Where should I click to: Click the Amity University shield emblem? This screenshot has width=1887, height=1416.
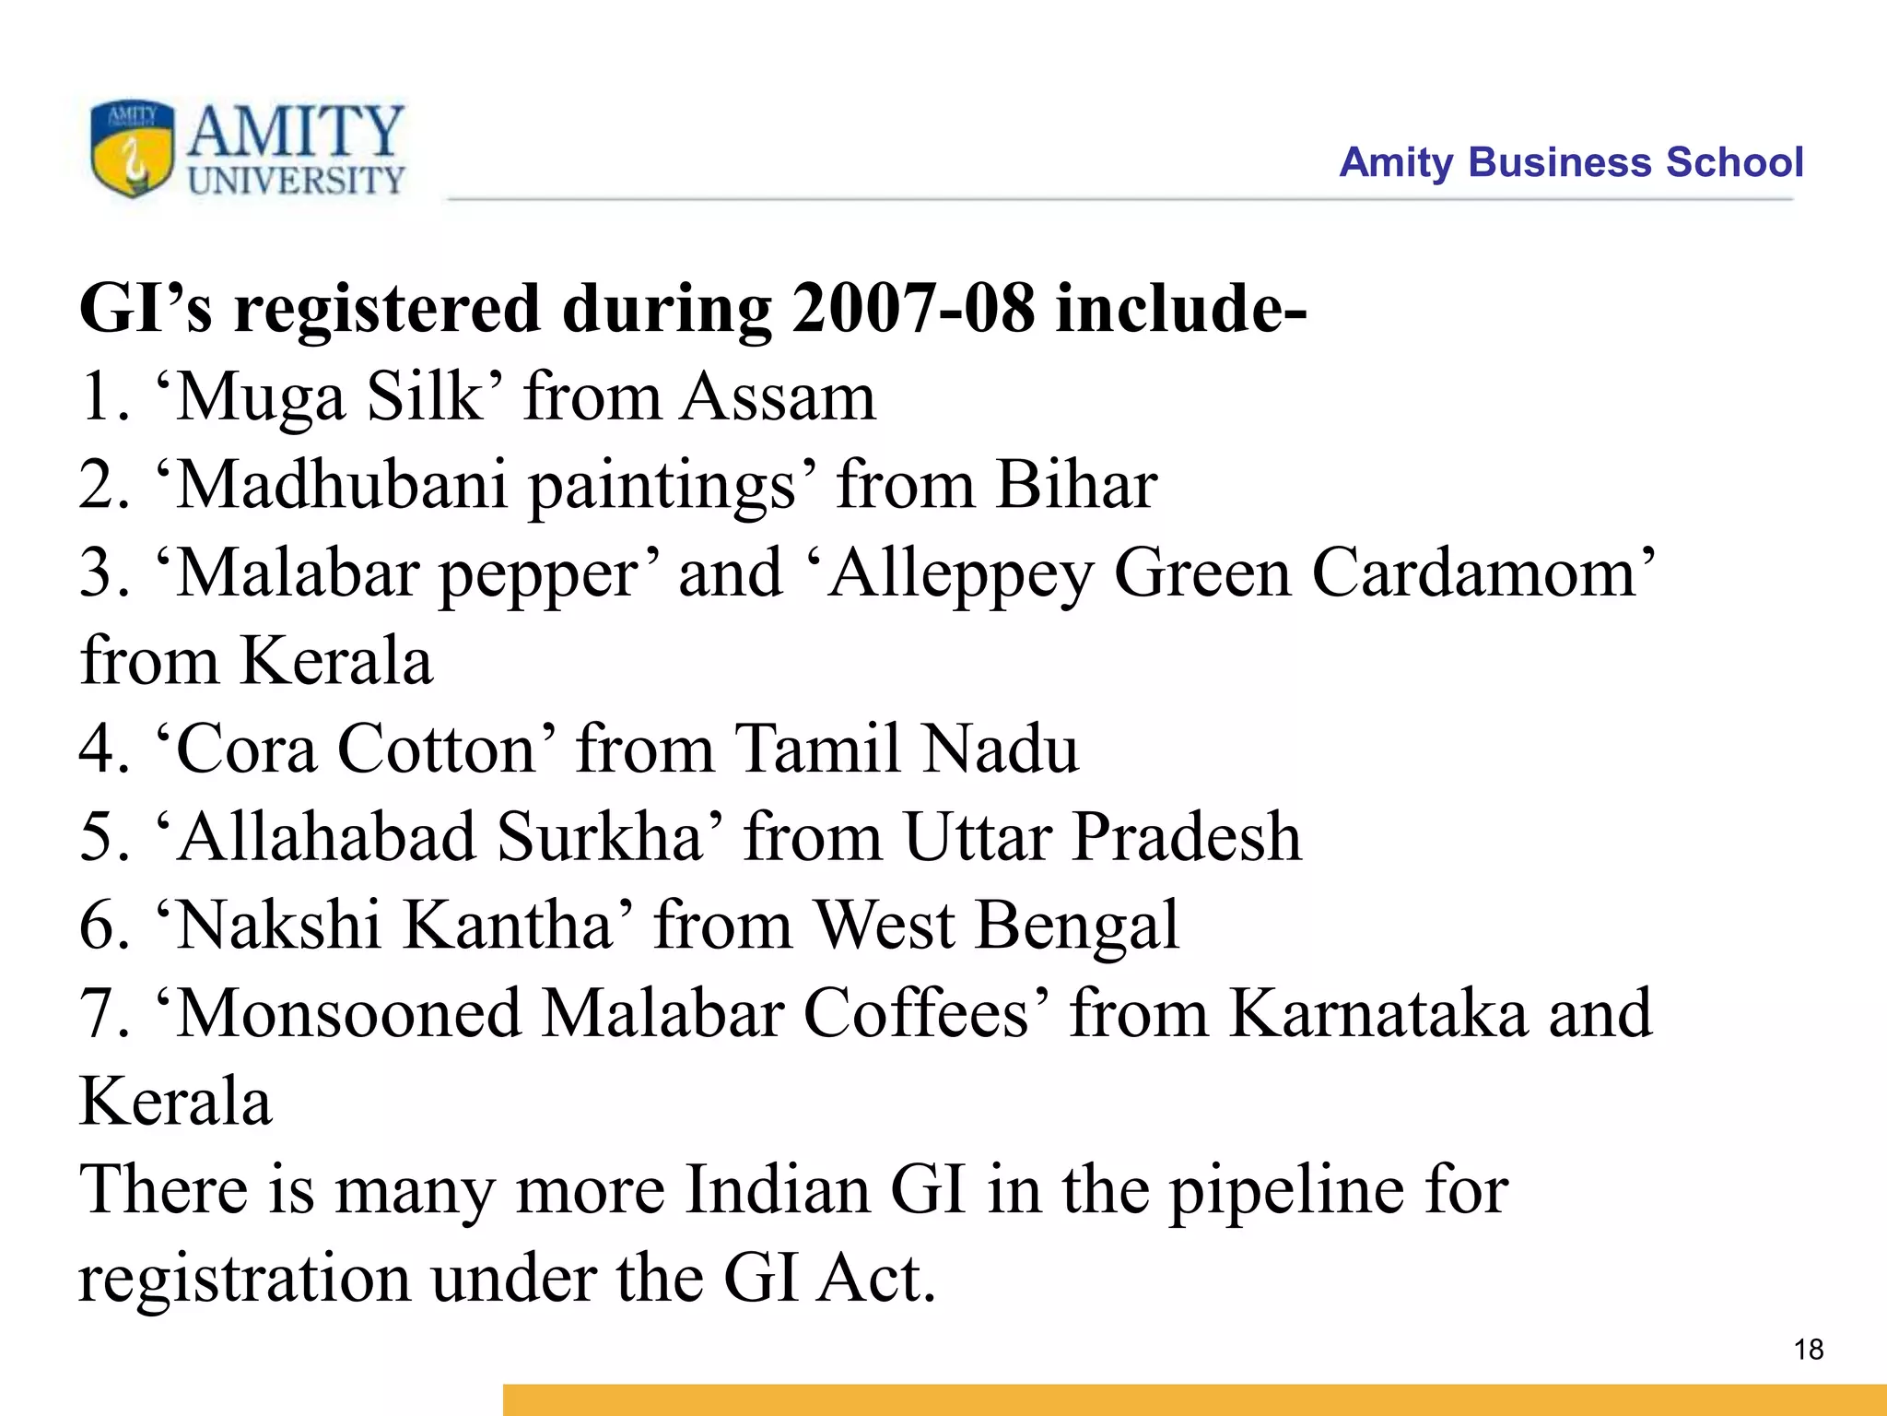point(132,147)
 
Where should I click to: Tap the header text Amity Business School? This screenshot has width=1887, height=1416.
point(1570,162)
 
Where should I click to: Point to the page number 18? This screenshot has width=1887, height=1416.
point(1809,1350)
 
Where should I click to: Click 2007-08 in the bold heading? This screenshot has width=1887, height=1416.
point(913,308)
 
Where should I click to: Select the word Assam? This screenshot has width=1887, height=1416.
point(779,397)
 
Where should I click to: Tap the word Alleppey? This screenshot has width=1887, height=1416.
point(958,574)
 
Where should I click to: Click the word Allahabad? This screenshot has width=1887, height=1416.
point(327,837)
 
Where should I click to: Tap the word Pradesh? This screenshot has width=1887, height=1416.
point(1188,837)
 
